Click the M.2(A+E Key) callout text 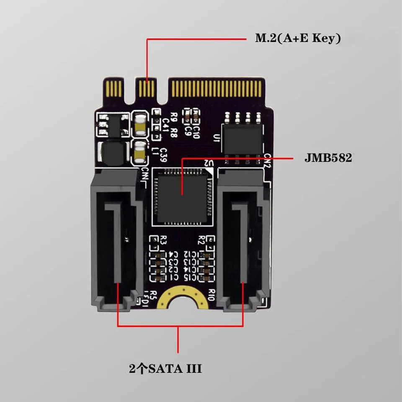[298, 39]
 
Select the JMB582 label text [327, 159]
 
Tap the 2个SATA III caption [165, 369]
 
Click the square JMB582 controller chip [182, 195]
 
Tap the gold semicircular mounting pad [181, 298]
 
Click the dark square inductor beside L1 [111, 153]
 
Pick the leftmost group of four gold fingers [114, 88]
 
